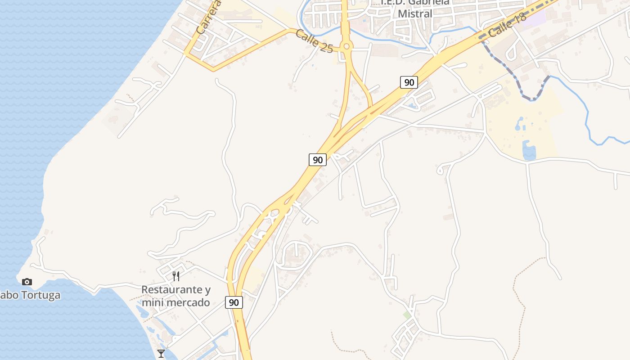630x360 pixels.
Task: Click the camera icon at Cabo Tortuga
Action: (x=27, y=282)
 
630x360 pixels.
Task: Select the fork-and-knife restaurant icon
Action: (x=176, y=276)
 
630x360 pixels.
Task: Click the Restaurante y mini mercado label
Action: (x=175, y=296)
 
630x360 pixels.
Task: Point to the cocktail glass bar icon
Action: (x=161, y=353)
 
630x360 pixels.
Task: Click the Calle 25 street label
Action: (x=315, y=41)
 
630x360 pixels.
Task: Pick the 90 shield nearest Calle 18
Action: (x=409, y=82)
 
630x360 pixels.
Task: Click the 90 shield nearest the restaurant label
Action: (x=234, y=302)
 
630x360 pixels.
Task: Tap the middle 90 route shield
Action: (x=318, y=160)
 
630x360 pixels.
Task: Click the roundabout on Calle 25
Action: (x=346, y=46)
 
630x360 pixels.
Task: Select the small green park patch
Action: (x=407, y=315)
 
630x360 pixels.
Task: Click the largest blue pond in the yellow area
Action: (x=529, y=151)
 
